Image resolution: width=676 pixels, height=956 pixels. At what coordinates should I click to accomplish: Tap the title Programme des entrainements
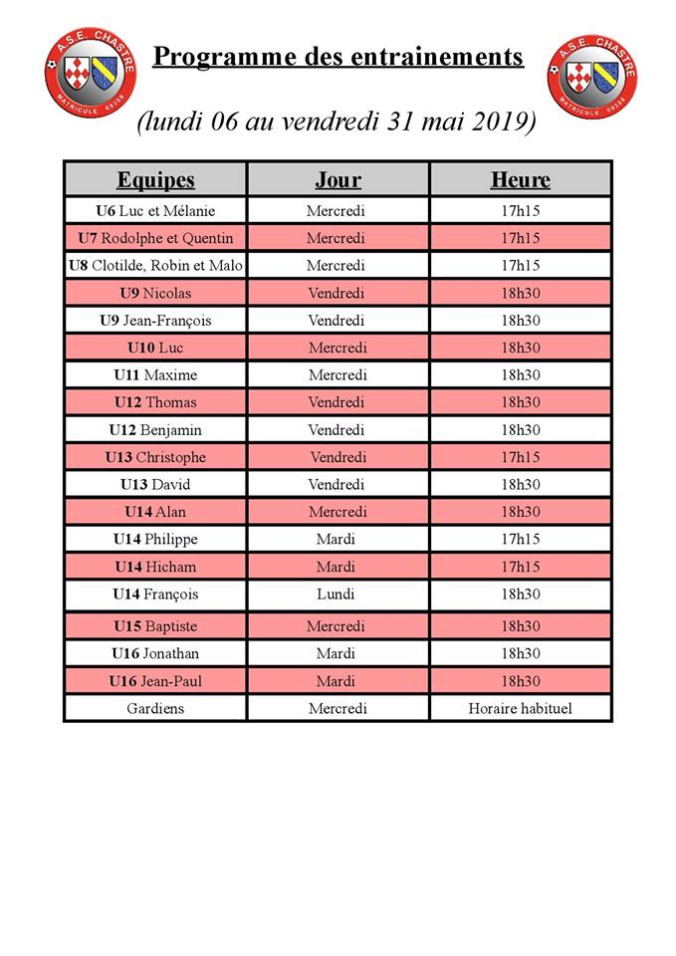[x=338, y=56]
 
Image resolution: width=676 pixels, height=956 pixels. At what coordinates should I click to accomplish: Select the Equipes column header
[x=155, y=180]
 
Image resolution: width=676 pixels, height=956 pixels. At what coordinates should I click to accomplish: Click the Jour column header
[x=338, y=180]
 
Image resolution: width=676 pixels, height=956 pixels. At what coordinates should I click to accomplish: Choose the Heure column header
[x=520, y=180]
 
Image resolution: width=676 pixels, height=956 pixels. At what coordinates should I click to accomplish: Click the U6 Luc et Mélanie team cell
[x=155, y=211]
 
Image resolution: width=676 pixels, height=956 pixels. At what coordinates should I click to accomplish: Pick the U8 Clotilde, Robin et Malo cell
[x=155, y=266]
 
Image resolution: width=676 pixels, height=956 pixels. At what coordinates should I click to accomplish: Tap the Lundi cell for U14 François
[x=338, y=595]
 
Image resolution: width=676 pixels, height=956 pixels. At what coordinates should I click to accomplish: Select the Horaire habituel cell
[x=520, y=709]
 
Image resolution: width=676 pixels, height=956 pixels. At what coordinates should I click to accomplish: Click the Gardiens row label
[x=155, y=709]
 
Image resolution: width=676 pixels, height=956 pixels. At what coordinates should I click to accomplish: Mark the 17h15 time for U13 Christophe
[x=520, y=457]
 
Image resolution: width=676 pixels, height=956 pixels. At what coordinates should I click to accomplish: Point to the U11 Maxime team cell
[x=155, y=375]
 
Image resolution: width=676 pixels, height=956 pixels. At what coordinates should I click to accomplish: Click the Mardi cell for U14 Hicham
[x=338, y=567]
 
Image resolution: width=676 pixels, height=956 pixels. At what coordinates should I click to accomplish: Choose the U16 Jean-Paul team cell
[x=155, y=681]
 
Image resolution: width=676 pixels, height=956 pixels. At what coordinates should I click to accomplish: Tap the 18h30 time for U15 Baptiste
[x=520, y=626]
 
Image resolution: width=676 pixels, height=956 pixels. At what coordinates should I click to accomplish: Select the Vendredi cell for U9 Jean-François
[x=338, y=321]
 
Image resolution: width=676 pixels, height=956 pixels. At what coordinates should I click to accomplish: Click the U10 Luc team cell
[x=155, y=348]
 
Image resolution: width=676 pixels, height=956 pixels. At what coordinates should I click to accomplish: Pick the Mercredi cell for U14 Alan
[x=338, y=512]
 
